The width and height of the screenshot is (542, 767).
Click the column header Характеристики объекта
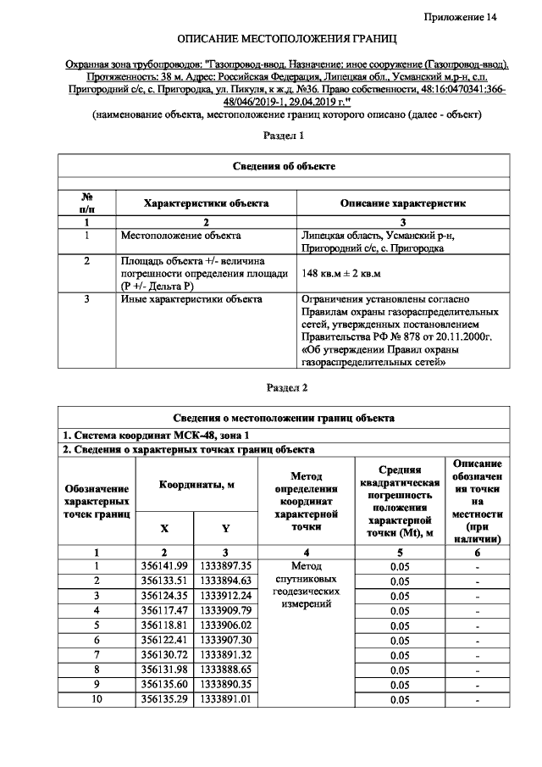[x=207, y=203]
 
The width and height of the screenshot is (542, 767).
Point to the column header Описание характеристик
[x=402, y=203]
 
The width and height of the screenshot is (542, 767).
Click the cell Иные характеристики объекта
[x=191, y=299]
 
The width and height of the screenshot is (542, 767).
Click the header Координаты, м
[x=196, y=484]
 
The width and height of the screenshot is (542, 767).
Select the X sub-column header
[x=164, y=528]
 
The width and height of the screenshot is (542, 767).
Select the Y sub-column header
[x=226, y=528]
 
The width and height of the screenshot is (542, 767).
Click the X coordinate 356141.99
[x=164, y=565]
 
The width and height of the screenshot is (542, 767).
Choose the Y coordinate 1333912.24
[x=226, y=596]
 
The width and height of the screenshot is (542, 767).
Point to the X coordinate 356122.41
[x=164, y=640]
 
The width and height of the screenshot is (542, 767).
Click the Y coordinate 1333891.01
[x=226, y=700]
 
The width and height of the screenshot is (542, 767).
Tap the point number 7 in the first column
[x=97, y=655]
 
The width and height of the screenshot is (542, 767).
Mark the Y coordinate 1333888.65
[x=226, y=670]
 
